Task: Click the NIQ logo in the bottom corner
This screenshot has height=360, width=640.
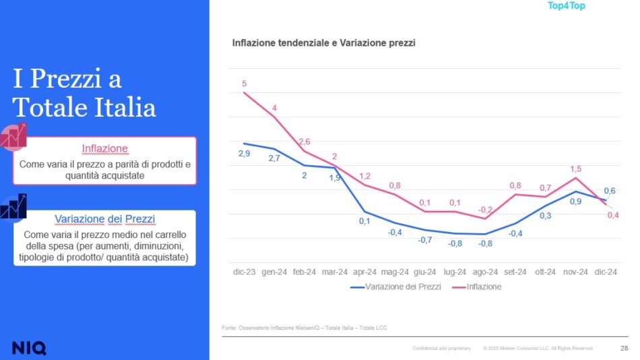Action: coord(29,348)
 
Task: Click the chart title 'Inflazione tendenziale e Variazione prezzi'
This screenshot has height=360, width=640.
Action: coord(323,43)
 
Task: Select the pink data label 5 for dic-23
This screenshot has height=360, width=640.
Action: coord(244,84)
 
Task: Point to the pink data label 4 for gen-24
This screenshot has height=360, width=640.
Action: coord(274,108)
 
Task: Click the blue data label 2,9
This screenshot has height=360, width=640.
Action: coord(244,154)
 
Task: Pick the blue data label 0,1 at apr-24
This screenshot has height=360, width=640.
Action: coord(365,221)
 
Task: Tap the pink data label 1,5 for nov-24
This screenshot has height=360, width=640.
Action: coord(575,169)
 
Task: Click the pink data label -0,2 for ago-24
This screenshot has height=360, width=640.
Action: coord(485,210)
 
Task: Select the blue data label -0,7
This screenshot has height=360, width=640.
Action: coord(424,239)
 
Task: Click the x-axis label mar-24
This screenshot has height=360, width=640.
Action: coord(334,272)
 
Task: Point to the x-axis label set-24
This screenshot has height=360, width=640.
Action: coord(515,272)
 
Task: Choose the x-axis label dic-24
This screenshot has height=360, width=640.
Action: coord(605,272)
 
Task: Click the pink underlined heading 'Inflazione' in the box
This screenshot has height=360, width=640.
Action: coord(104,148)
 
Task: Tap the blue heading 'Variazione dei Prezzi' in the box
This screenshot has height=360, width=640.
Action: coord(104,219)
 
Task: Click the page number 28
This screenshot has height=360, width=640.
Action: coord(623,348)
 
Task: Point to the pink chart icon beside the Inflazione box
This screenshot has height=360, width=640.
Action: coord(13,137)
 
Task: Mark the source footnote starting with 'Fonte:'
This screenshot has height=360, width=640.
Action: coord(304,328)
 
